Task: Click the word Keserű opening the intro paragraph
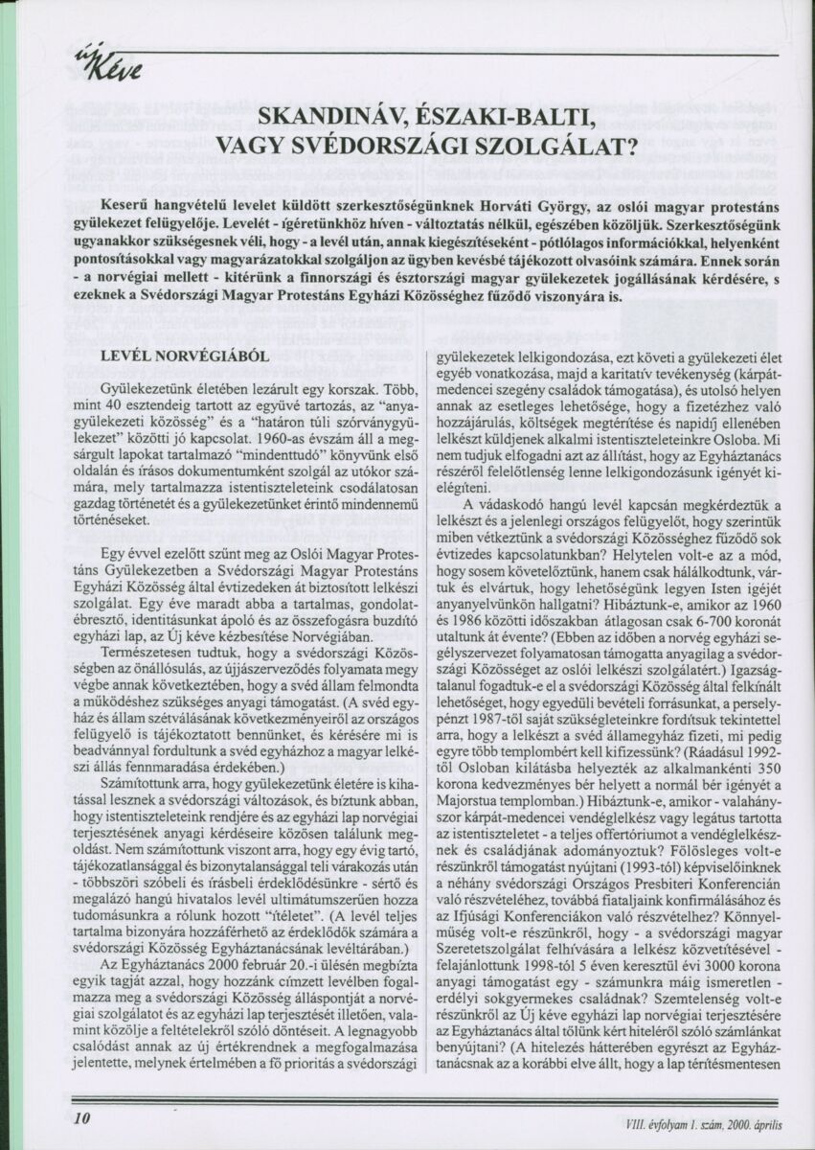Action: tap(134, 208)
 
